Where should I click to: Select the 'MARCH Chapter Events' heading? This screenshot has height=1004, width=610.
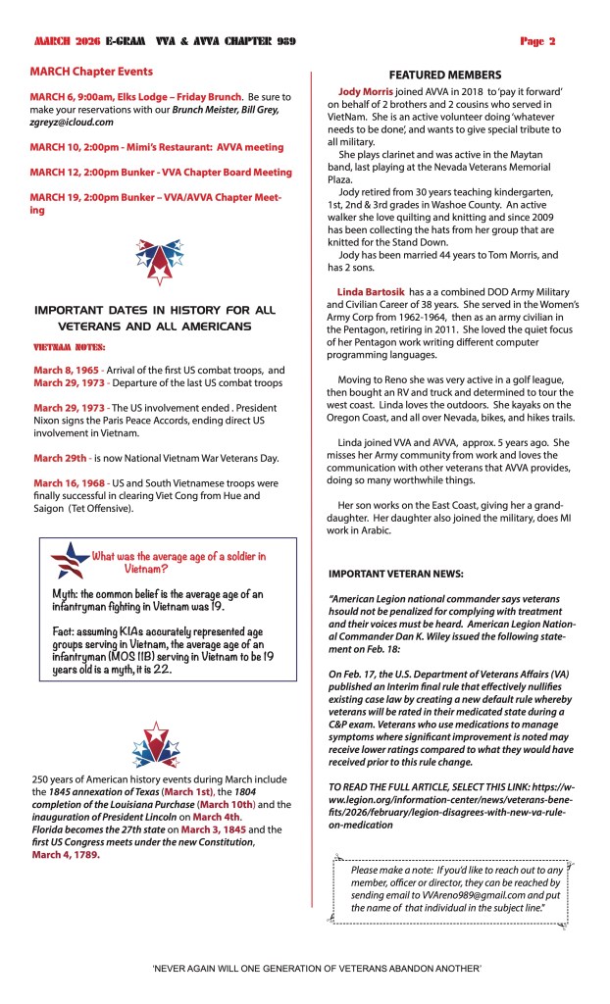(x=91, y=72)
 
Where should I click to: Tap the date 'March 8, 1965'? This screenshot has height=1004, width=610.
(x=64, y=368)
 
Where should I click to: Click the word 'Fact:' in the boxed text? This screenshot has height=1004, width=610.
(x=68, y=634)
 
